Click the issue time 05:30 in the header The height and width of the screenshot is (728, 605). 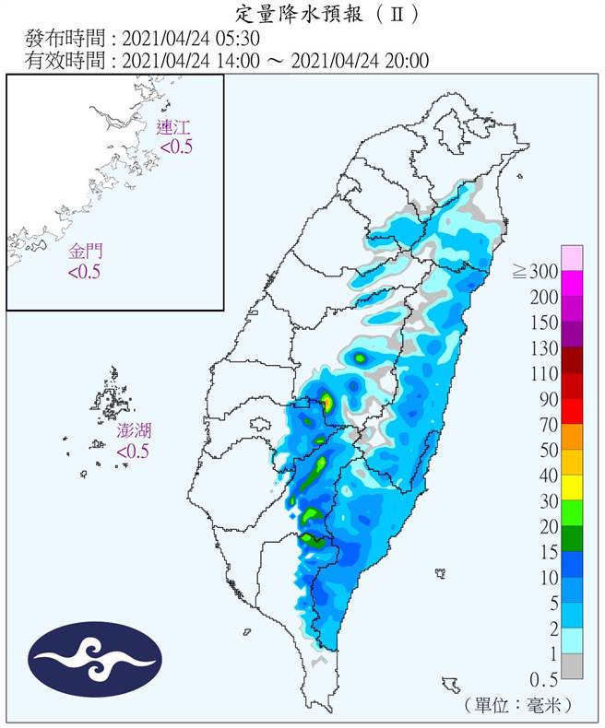[x=240, y=39]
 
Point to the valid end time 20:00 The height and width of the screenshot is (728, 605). [x=406, y=61]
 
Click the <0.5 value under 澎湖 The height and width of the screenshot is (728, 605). [x=133, y=452]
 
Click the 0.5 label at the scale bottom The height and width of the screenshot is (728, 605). [x=542, y=679]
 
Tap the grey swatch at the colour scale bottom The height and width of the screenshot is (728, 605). [x=572, y=666]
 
